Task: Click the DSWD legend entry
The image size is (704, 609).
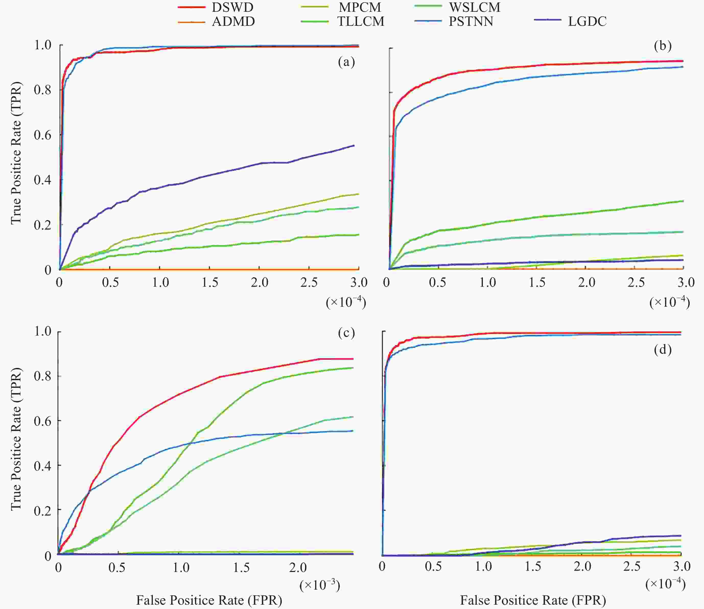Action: [232, 7]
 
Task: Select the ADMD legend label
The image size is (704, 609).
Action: [233, 22]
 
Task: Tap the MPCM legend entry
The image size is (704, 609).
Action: [360, 7]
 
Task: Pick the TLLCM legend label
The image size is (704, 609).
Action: [360, 22]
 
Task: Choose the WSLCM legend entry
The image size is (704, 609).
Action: [475, 7]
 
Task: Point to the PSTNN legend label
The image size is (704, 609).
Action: [471, 22]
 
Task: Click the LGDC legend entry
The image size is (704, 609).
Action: [587, 22]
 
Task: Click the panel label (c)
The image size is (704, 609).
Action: [346, 333]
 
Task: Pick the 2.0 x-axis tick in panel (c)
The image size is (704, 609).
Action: [298, 568]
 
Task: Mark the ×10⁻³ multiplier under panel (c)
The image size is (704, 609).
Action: [320, 585]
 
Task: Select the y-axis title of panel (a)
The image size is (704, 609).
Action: [16, 153]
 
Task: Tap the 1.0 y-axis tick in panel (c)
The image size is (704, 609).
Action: [42, 331]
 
